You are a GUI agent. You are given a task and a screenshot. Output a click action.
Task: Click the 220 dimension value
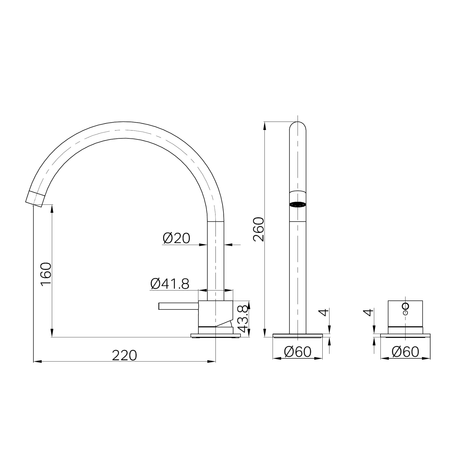(125, 355)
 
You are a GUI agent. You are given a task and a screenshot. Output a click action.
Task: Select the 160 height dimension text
(46, 274)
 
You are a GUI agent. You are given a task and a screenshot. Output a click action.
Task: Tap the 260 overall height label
(259, 229)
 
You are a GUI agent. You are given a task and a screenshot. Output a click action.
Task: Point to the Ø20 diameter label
(176, 238)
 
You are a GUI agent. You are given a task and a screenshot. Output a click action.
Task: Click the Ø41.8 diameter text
(170, 284)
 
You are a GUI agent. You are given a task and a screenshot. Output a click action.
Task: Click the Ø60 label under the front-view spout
(298, 352)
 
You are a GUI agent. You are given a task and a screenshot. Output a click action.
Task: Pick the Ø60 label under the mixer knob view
(405, 352)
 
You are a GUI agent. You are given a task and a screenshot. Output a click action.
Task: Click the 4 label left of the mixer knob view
(369, 313)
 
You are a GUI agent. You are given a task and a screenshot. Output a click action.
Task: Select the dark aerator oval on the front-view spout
(298, 204)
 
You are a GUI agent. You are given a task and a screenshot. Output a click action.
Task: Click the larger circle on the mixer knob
(405, 306)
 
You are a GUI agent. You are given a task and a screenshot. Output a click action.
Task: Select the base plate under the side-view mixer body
(216, 336)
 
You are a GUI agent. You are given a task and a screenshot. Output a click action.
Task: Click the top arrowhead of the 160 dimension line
(52, 208)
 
